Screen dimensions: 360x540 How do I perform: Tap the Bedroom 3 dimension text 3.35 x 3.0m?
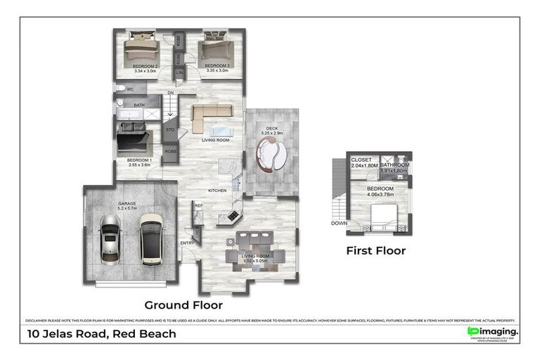(215, 70)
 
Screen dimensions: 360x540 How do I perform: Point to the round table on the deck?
(272, 155)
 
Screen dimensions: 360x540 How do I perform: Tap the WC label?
(130, 90)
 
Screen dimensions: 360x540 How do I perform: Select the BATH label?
(139, 105)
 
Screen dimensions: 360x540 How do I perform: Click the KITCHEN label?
(216, 191)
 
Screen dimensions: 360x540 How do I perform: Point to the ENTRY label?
(187, 243)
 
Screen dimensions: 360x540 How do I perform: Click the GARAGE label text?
(127, 203)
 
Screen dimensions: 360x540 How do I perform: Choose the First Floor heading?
(375, 250)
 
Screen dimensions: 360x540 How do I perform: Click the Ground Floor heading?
(184, 305)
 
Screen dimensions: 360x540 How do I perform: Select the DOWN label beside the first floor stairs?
(340, 224)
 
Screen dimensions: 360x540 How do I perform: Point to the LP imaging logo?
(493, 332)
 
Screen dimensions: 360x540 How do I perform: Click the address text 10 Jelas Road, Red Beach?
(101, 334)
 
